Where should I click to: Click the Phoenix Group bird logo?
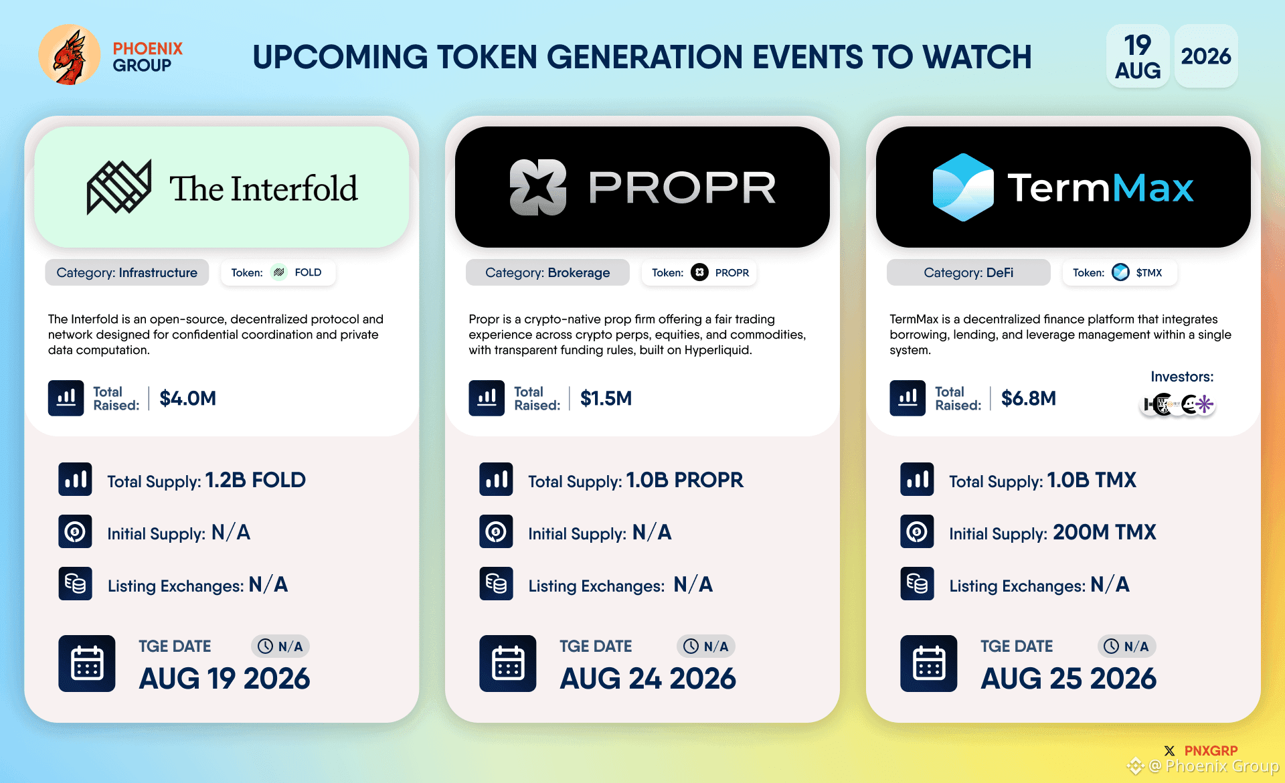click(x=70, y=55)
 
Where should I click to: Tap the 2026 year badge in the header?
click(x=1206, y=56)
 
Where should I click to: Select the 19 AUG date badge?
click(x=1138, y=56)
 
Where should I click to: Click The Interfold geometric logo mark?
click(x=119, y=187)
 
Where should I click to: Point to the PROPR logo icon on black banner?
click(x=538, y=187)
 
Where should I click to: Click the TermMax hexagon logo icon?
click(x=963, y=187)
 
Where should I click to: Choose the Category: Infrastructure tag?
click(x=127, y=272)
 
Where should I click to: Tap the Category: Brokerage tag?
click(x=547, y=272)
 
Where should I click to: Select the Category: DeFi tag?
click(x=968, y=272)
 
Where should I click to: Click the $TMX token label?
click(x=1148, y=273)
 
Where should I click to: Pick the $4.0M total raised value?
click(x=188, y=398)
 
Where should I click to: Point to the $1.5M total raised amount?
click(x=606, y=398)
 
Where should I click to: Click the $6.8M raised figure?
click(x=1029, y=398)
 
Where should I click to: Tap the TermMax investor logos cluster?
click(x=1177, y=404)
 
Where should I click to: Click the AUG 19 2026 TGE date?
click(x=225, y=679)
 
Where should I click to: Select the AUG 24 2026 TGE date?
click(x=648, y=679)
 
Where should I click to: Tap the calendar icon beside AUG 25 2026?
click(x=929, y=663)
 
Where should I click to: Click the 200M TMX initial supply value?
click(x=1104, y=532)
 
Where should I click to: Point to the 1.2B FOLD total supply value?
click(x=255, y=480)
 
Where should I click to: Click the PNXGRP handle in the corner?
click(x=1211, y=751)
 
